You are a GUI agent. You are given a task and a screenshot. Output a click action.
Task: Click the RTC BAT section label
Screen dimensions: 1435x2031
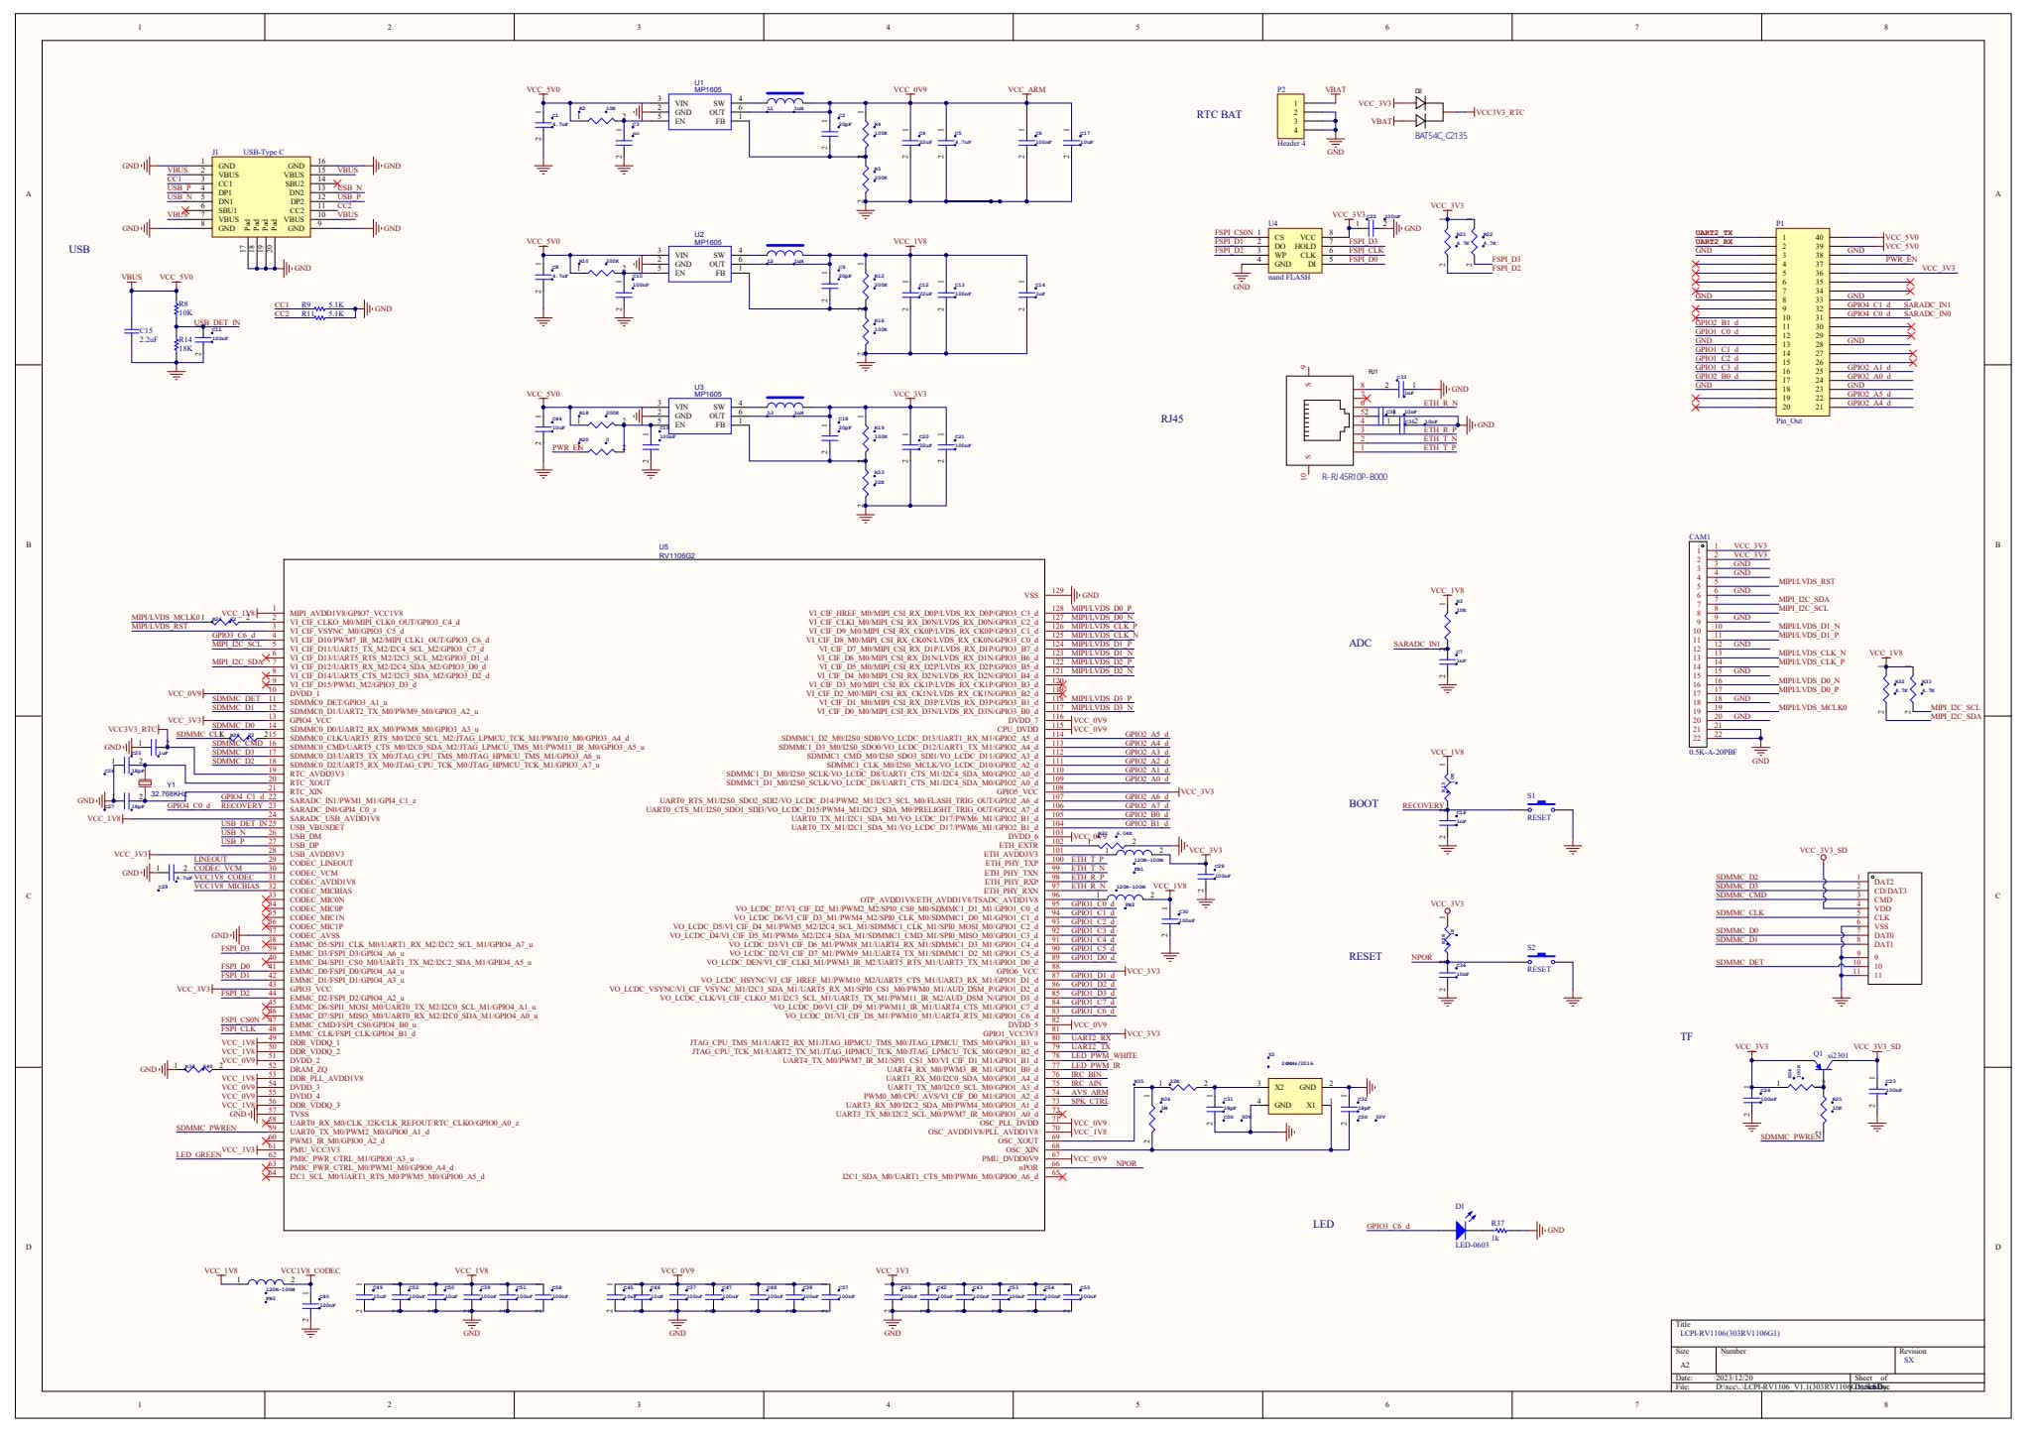[1219, 115]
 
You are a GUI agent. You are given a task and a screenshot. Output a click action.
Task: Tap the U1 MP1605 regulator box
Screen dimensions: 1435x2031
[699, 112]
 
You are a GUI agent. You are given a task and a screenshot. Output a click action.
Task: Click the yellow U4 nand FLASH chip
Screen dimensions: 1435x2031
[1294, 251]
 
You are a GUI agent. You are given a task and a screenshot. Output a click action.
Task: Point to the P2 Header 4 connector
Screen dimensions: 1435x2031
[1294, 116]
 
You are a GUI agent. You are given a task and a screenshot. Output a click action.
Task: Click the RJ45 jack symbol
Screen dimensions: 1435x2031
[1320, 420]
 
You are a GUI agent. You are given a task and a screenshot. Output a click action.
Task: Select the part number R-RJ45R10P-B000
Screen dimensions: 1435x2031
[1354, 477]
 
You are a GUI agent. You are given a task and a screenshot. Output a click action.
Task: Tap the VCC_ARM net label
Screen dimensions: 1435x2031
[1026, 90]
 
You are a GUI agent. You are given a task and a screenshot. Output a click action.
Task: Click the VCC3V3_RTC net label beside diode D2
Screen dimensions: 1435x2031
[1499, 113]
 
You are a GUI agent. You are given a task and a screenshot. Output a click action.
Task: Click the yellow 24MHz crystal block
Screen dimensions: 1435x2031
[1294, 1096]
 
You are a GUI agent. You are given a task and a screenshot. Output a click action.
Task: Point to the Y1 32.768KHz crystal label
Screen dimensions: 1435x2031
[168, 794]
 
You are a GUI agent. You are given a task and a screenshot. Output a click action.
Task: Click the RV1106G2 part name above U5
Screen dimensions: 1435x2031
[676, 556]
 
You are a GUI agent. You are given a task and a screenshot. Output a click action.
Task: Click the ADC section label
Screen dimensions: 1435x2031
[1360, 644]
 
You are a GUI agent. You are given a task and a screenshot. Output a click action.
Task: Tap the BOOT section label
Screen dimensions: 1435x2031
[1363, 804]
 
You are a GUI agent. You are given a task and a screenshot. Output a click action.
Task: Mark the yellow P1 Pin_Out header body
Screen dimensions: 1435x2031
[1801, 322]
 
